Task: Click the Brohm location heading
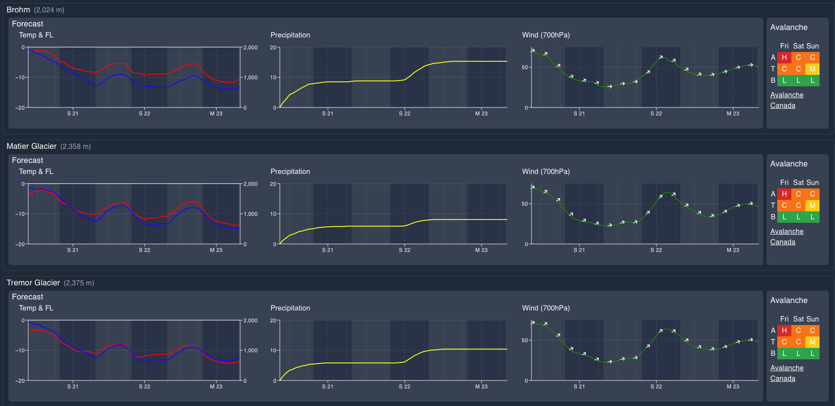(18, 10)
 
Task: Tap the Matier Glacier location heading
(31, 146)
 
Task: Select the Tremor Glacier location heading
(33, 283)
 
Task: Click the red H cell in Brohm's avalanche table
(784, 58)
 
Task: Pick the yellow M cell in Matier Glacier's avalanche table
(812, 206)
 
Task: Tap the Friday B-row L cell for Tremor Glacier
(784, 354)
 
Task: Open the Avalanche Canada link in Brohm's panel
(787, 100)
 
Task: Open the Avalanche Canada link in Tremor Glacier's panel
(787, 373)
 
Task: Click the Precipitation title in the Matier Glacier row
(290, 172)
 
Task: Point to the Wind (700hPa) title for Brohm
(546, 35)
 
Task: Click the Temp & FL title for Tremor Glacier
(36, 308)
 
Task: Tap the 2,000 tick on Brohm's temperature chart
(250, 48)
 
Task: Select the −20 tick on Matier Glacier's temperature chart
(20, 244)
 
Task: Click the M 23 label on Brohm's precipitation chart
(481, 114)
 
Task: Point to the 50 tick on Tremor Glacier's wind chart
(524, 340)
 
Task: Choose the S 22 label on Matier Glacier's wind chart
(656, 250)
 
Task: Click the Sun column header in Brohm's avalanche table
(812, 46)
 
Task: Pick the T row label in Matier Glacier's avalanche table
(773, 206)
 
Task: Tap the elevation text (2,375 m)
(79, 283)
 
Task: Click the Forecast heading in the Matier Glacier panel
(27, 160)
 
